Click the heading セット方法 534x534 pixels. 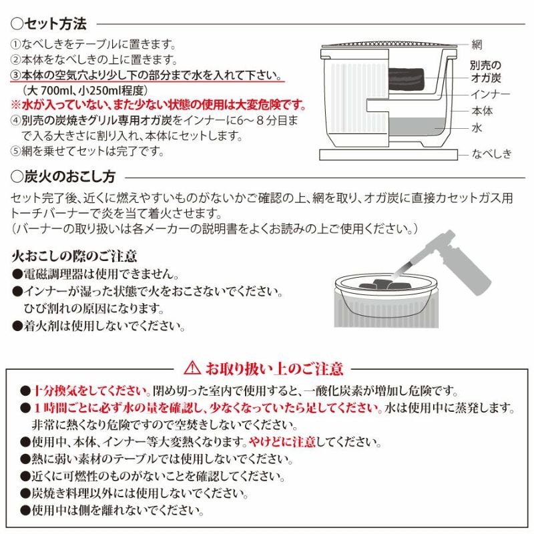click(x=55, y=24)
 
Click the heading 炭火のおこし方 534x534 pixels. click(x=70, y=177)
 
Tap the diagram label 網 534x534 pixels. click(x=477, y=45)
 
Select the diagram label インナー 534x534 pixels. click(x=491, y=94)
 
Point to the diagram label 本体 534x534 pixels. click(x=482, y=111)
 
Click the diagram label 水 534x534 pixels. click(x=477, y=128)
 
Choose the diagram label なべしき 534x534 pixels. click(x=491, y=154)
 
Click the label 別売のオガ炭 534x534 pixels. click(x=486, y=71)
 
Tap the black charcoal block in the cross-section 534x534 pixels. click(x=407, y=80)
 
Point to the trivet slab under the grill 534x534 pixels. click(x=388, y=155)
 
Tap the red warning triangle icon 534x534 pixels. click(x=192, y=368)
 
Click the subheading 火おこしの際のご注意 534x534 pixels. click(x=74, y=256)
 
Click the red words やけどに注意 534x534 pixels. click(x=282, y=442)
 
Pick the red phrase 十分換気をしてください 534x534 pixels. click(x=91, y=390)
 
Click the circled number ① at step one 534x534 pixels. click(x=15, y=45)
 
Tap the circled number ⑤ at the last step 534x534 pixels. click(x=15, y=152)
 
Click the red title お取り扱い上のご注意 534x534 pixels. click(x=274, y=368)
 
